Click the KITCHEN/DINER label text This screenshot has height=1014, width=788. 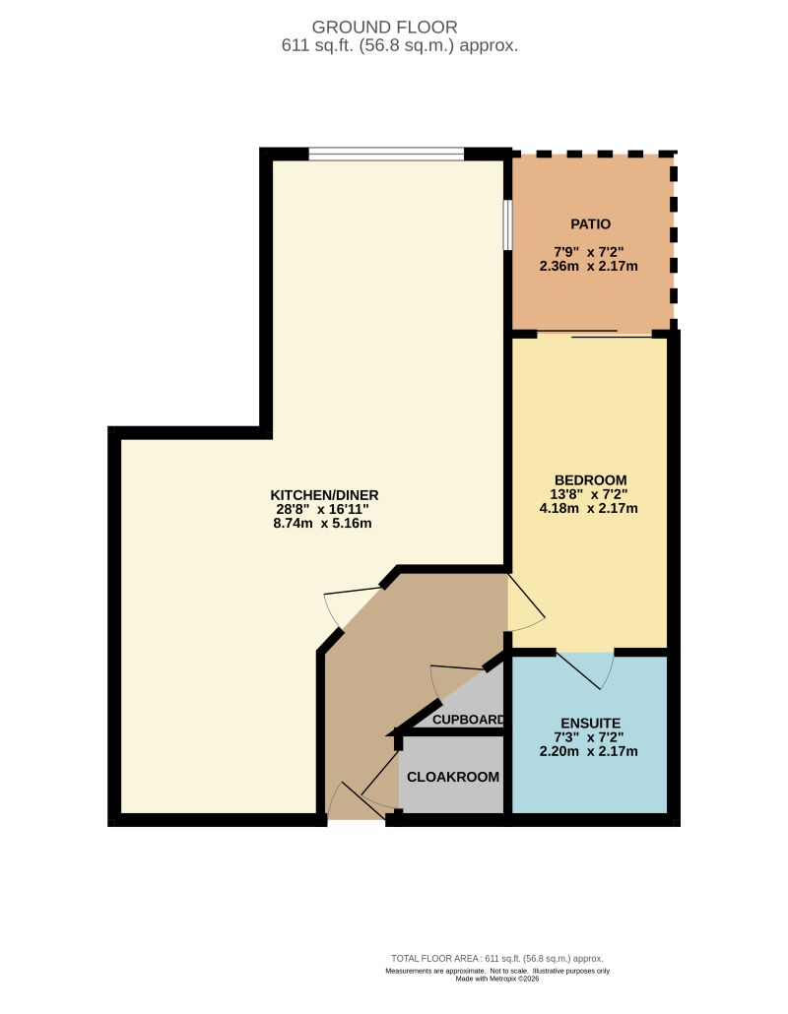(324, 494)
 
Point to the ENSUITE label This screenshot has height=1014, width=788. (590, 723)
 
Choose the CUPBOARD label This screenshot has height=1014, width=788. (469, 719)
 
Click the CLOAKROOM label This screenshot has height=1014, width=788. (453, 776)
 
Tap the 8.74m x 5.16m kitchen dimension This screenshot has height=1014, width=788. (324, 523)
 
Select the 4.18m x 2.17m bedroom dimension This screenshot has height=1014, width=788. (590, 509)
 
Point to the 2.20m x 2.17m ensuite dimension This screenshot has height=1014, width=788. (590, 751)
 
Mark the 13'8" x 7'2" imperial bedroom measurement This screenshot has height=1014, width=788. (590, 494)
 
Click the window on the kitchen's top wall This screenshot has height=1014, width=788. (386, 154)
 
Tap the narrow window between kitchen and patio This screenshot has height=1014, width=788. (507, 226)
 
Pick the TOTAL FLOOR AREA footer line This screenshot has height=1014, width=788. (496, 958)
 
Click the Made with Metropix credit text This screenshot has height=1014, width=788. (496, 979)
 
